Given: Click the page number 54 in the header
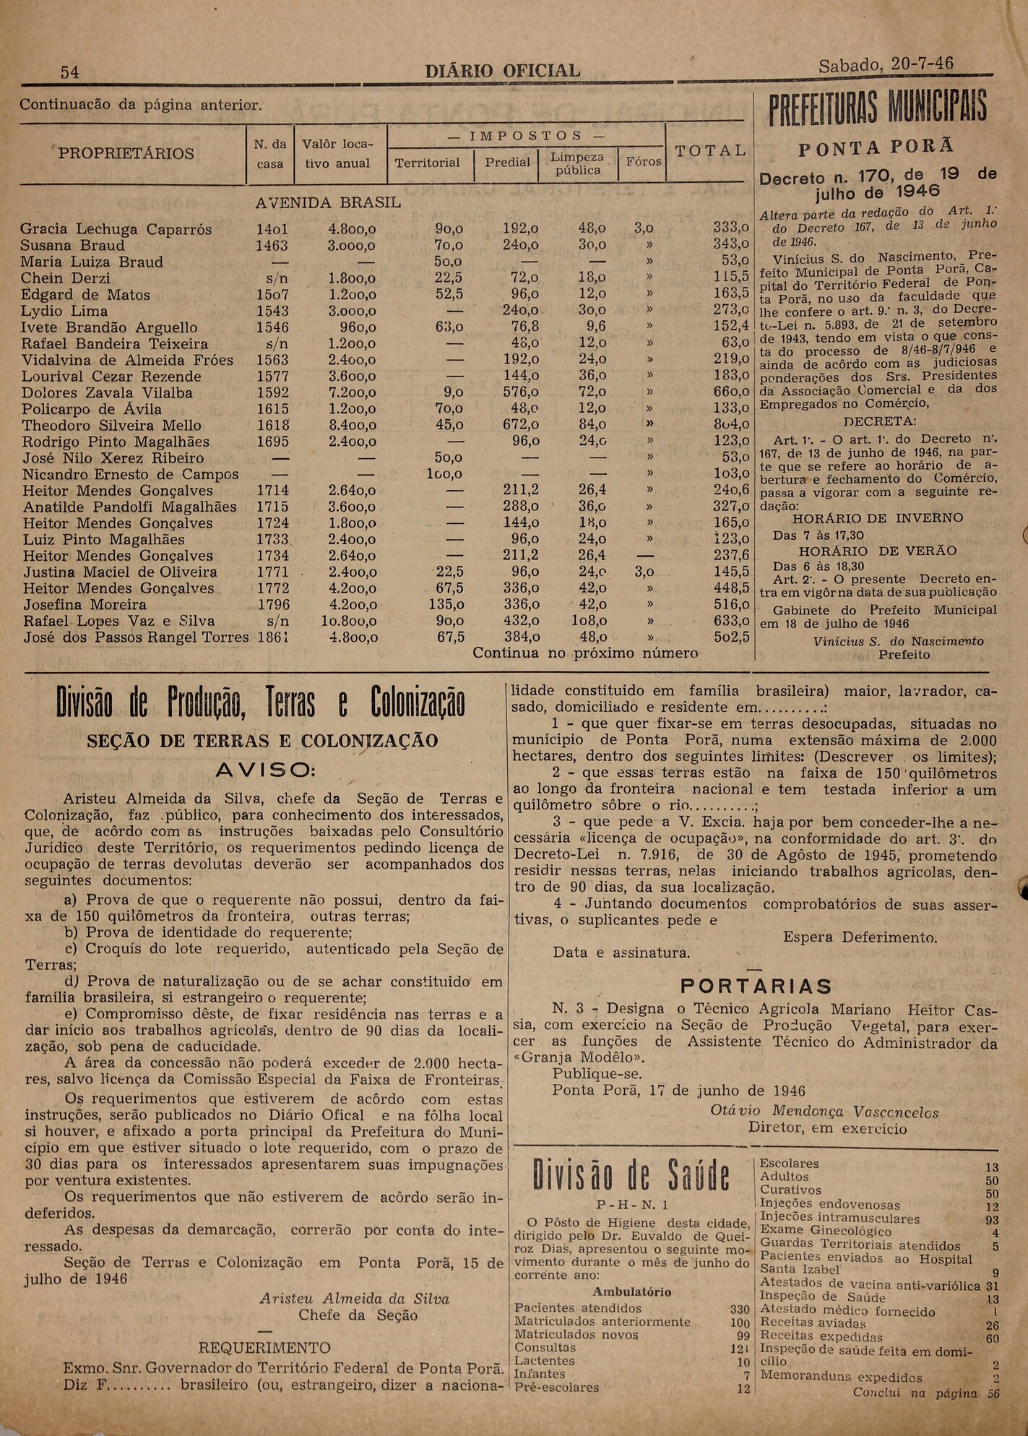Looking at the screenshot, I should click(x=70, y=72).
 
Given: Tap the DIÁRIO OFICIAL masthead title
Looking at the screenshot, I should click(x=502, y=72).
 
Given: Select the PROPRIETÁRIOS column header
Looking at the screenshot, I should click(x=126, y=153).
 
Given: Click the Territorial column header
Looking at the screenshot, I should click(x=428, y=163).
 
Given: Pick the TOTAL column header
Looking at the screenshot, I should click(x=709, y=150).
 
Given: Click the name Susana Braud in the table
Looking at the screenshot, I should click(x=73, y=245).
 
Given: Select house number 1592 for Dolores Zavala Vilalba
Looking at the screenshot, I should click(x=272, y=392).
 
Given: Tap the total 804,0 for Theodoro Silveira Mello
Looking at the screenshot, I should click(x=730, y=425).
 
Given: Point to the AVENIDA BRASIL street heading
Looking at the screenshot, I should click(x=328, y=203).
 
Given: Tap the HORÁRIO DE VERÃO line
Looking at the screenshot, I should click(x=877, y=551).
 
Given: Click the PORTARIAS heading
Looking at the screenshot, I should click(x=756, y=986).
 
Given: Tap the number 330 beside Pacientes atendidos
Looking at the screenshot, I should click(x=740, y=1309).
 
